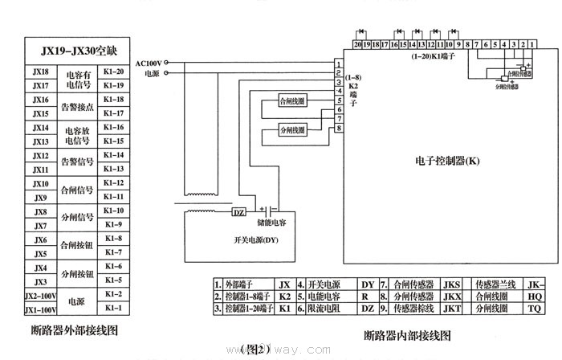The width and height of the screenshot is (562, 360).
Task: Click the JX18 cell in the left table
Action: click(x=40, y=72)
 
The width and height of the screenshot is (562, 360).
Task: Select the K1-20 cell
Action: click(x=113, y=72)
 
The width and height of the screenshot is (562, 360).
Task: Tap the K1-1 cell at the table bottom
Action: click(x=113, y=309)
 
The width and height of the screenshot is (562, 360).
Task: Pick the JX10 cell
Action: click(x=40, y=184)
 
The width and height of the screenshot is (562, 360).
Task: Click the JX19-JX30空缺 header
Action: click(x=78, y=51)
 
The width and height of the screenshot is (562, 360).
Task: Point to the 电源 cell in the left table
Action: click(x=77, y=302)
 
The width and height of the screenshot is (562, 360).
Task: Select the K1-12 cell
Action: click(x=113, y=183)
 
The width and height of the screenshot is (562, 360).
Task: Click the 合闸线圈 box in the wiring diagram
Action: click(x=291, y=101)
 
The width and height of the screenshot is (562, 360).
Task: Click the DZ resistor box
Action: click(x=238, y=212)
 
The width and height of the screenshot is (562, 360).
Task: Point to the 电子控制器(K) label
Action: click(x=448, y=161)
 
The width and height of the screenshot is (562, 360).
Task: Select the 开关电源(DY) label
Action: click(x=256, y=240)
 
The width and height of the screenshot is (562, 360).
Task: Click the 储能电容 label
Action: click(x=271, y=221)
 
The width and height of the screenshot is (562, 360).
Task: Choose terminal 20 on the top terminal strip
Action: click(x=358, y=45)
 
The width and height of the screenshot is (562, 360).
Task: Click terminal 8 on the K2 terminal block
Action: click(x=340, y=128)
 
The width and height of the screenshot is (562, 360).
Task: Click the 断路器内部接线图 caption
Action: click(x=407, y=334)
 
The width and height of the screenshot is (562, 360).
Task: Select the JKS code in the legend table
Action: click(x=452, y=284)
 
